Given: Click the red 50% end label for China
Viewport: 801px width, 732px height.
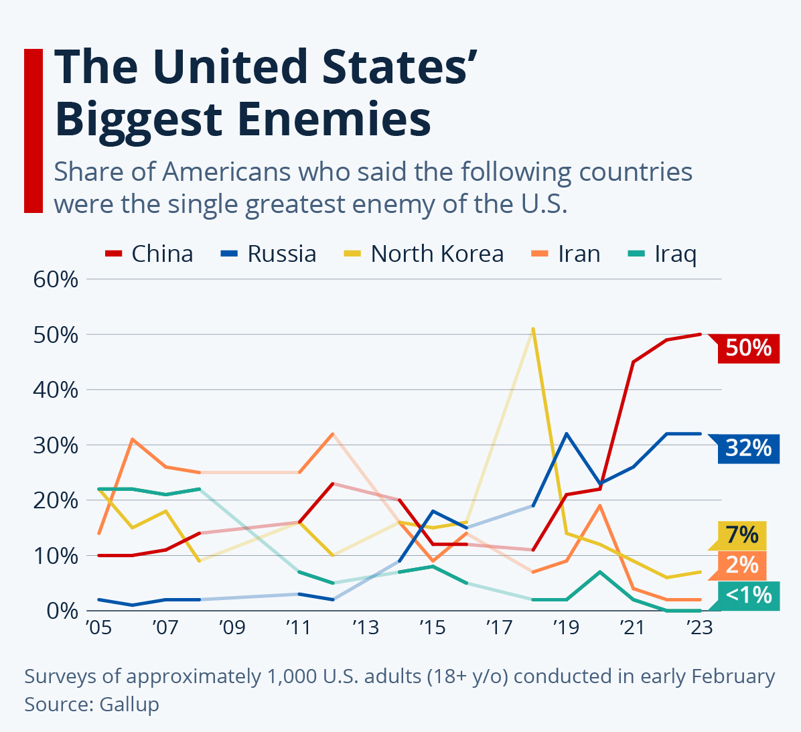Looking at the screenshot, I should point(748,348).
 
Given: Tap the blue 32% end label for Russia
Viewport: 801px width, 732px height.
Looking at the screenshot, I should point(748,447).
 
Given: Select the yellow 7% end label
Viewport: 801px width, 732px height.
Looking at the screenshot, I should point(742,535).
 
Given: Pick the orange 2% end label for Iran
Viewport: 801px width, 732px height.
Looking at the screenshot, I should point(742,565).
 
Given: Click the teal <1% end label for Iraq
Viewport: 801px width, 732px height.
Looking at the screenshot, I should point(748,595).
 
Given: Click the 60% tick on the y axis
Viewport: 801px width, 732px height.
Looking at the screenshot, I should point(56,279).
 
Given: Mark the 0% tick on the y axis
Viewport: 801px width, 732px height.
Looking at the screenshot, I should point(61,611).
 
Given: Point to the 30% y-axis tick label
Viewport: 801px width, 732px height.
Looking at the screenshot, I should point(56,445).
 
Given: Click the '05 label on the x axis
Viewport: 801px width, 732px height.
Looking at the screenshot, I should point(98,628).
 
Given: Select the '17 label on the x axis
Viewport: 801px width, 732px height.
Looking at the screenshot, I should point(499,628).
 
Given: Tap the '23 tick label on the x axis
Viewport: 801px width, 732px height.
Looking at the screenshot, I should point(699,628).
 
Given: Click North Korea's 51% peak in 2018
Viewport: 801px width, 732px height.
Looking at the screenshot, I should point(533,329).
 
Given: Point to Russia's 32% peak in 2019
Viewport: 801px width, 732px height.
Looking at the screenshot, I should point(567,434).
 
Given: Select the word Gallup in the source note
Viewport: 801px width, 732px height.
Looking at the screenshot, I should point(129,705).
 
